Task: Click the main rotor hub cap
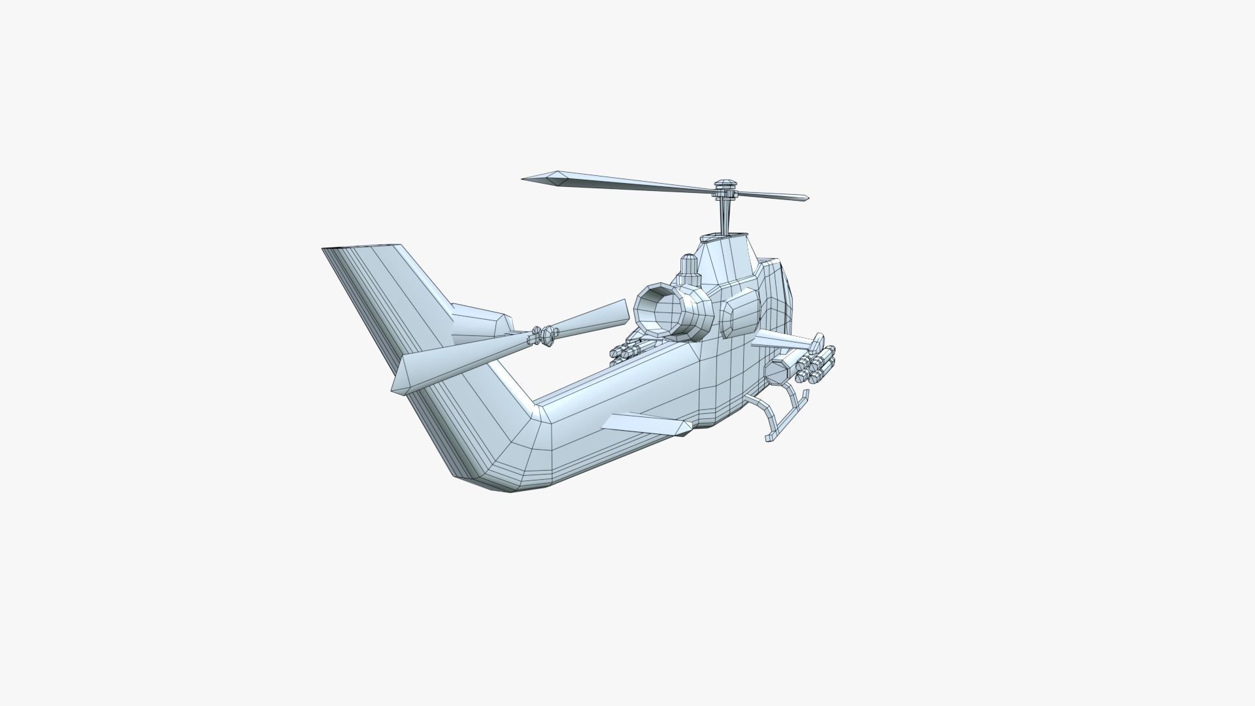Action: pyautogui.click(x=725, y=184)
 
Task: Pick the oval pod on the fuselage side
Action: pyautogui.click(x=739, y=313)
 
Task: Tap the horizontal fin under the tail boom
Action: pyautogui.click(x=647, y=424)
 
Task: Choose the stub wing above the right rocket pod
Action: pyautogui.click(x=780, y=339)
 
